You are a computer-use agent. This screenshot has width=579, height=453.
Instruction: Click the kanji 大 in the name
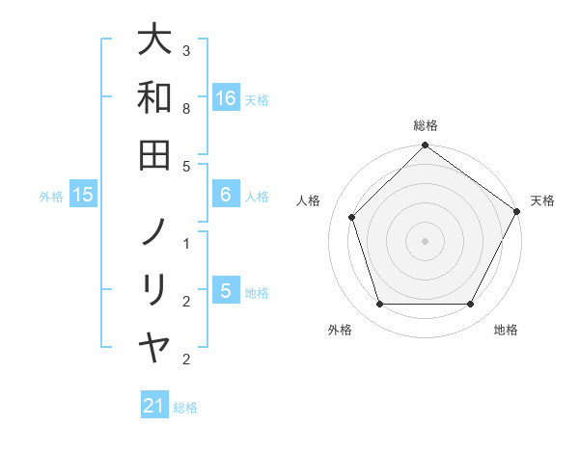coord(154,41)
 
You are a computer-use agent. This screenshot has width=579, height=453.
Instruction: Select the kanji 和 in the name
coord(154,97)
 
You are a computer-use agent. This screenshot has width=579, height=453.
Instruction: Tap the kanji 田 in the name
coord(154,154)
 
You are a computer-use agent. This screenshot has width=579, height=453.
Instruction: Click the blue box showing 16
coord(226,98)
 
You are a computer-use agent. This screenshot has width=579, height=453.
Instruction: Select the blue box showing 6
coord(226,195)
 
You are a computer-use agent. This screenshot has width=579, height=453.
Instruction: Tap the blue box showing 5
coord(226,290)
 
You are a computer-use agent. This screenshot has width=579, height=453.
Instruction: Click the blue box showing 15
coord(83,196)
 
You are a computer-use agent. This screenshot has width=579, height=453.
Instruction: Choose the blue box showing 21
coord(154,406)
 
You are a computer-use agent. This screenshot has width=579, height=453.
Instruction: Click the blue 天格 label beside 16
coord(257,99)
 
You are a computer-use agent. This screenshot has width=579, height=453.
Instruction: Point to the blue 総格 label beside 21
coord(185,407)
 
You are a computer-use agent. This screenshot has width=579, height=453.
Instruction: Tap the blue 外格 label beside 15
coord(51,197)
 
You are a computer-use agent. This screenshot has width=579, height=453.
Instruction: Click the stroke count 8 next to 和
coord(186,110)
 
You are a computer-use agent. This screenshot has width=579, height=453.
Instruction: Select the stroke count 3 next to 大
coord(186,50)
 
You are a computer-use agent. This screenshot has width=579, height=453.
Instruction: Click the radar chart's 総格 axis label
coord(425,125)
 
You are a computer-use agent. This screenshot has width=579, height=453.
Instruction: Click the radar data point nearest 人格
coord(352,217)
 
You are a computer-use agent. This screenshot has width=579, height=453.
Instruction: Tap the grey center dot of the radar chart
coord(425,240)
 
